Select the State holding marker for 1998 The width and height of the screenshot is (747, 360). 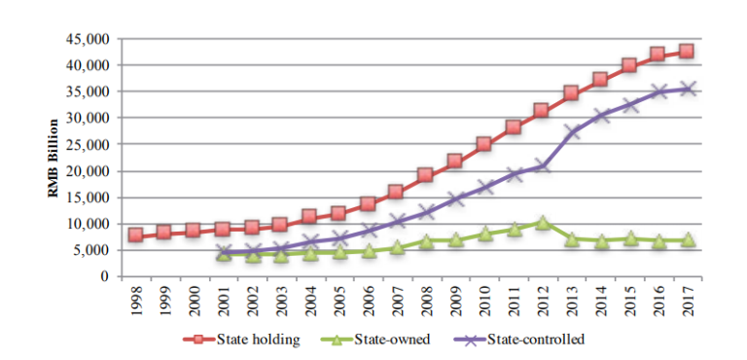[x=136, y=235]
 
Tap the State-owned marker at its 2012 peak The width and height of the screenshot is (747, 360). [x=543, y=223]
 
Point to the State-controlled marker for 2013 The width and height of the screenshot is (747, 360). [x=573, y=131]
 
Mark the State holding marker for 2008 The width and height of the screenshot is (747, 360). [x=425, y=175]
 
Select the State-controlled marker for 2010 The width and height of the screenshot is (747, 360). [x=484, y=186]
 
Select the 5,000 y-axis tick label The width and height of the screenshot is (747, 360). [x=93, y=250]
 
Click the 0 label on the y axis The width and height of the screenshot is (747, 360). [x=105, y=276]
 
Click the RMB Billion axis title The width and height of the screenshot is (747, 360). [x=55, y=158]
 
